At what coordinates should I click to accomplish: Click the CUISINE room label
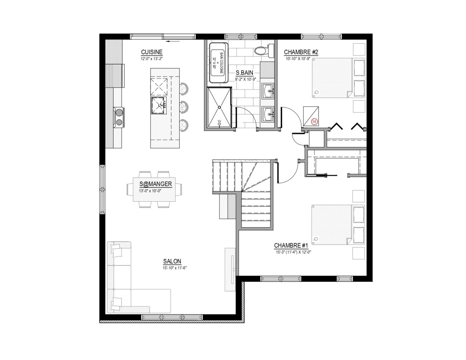pos(152,52)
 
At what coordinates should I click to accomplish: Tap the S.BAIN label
pos(244,73)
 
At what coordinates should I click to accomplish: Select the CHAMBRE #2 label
pos(301,52)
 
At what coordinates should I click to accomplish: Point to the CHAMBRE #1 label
pos(291,245)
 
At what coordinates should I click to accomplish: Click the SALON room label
pos(172,261)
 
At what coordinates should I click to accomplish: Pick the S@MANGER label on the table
pos(156,184)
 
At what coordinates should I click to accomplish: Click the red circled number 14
pos(314,122)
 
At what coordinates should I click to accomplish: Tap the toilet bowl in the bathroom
pos(260,51)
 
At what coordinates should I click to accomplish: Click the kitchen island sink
pos(159,105)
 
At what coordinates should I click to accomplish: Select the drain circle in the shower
pos(219,107)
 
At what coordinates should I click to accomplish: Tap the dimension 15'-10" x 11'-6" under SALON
pos(175,268)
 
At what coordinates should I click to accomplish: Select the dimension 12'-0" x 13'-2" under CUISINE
pos(152,59)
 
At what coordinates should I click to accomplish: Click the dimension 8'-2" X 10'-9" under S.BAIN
pos(246,80)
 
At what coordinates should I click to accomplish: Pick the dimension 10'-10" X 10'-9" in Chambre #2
pos(298,59)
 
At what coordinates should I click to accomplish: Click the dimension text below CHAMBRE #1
pos(294,252)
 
